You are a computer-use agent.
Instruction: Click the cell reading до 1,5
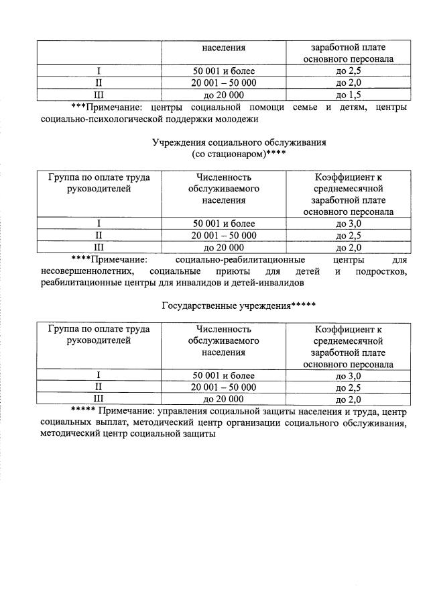pos(344,95)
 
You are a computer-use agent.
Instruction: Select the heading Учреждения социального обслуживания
pos(239,142)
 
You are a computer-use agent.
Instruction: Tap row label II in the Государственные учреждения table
pos(99,387)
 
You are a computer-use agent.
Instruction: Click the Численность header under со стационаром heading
pos(224,178)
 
